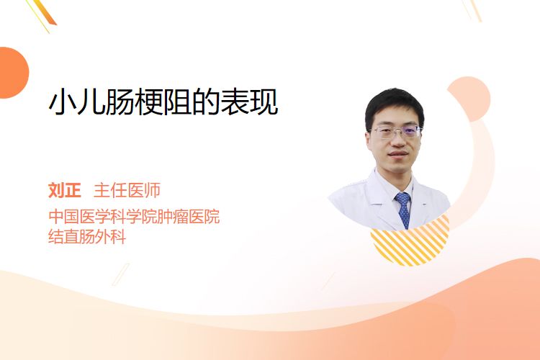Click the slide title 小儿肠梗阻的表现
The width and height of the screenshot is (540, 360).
coord(163,102)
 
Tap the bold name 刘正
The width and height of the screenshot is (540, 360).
coord(64,190)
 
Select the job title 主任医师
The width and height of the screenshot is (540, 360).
coord(127,190)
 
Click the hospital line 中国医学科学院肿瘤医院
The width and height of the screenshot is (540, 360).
coord(134,216)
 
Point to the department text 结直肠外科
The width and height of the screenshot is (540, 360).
coord(87,236)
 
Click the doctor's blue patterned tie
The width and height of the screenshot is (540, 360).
coord(403,209)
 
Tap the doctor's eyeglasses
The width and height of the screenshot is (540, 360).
coord(395,132)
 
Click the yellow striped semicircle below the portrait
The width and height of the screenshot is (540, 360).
coord(410,242)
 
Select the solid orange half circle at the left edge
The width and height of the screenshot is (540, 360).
coord(13,73)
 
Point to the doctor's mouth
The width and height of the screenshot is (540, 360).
coord(397,153)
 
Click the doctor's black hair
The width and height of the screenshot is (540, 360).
coord(395,104)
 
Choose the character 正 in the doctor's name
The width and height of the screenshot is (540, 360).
coord(73,190)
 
